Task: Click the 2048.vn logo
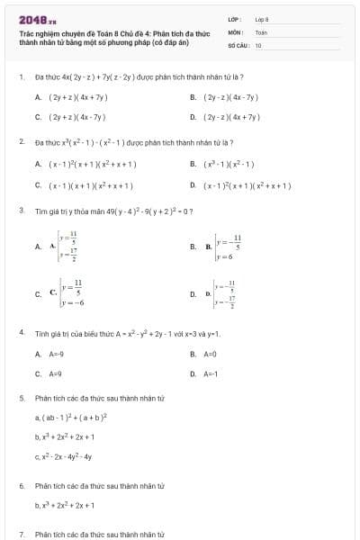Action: point(38,19)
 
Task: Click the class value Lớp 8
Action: point(262,19)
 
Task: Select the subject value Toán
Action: point(261,31)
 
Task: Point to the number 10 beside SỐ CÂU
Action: point(258,44)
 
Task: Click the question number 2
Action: point(21,142)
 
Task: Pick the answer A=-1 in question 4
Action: point(211,373)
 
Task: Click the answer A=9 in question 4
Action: point(54,373)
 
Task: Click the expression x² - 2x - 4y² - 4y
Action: point(64,456)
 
